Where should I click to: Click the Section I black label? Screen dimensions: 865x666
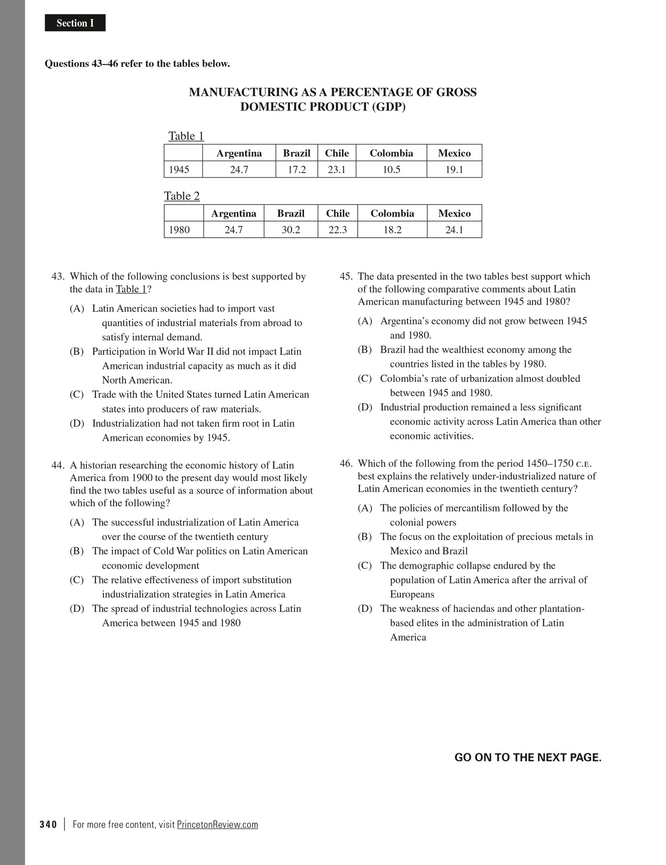(75, 23)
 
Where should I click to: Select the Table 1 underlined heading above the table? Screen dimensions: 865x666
(186, 136)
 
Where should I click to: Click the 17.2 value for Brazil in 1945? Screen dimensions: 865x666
(297, 169)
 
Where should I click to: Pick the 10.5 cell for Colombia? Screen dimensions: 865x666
(391, 169)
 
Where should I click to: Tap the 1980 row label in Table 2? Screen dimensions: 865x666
(179, 230)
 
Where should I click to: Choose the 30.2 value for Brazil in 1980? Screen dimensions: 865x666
(291, 230)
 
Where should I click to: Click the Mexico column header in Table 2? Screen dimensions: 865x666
(454, 213)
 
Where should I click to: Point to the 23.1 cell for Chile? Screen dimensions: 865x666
(336, 169)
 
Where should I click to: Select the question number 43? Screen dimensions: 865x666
(58, 277)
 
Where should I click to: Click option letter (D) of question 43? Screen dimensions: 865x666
(77, 423)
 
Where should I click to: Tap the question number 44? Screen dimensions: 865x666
(58, 465)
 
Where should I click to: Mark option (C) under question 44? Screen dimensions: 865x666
(77, 580)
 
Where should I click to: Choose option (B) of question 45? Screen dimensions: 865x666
(364, 350)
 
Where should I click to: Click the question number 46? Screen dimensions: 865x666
(346, 464)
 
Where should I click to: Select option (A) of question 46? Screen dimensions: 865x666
(364, 508)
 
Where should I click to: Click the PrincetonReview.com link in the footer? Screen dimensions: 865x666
(217, 824)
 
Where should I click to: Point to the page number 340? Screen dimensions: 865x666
(49, 824)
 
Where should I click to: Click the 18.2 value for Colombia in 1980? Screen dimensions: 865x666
(392, 230)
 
